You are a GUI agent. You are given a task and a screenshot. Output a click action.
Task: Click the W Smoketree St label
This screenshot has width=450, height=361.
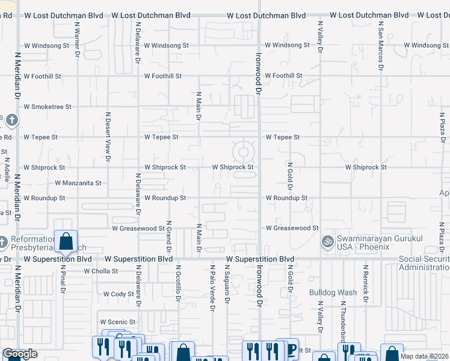point(48,106)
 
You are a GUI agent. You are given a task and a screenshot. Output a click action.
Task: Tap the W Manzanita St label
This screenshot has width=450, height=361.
point(78,182)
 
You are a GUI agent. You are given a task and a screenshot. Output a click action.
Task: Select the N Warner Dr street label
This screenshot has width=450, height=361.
point(77,40)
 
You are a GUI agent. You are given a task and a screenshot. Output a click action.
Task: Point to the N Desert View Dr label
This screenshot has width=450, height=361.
point(109,137)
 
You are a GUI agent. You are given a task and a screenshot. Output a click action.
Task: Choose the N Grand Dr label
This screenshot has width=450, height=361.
point(169,235)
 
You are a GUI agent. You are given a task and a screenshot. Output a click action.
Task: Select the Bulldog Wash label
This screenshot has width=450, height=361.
point(333,292)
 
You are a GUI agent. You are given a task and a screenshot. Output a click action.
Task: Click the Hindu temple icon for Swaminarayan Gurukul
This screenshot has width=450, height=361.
point(327,241)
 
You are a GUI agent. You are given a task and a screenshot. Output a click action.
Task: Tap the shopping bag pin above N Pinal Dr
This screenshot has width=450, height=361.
point(66,242)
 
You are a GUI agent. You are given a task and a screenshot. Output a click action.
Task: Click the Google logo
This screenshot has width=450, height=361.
point(20,354)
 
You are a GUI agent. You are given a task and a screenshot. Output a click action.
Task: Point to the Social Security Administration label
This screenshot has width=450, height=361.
point(424,263)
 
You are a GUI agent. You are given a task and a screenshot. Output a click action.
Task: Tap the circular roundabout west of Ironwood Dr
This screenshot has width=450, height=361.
point(244,151)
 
